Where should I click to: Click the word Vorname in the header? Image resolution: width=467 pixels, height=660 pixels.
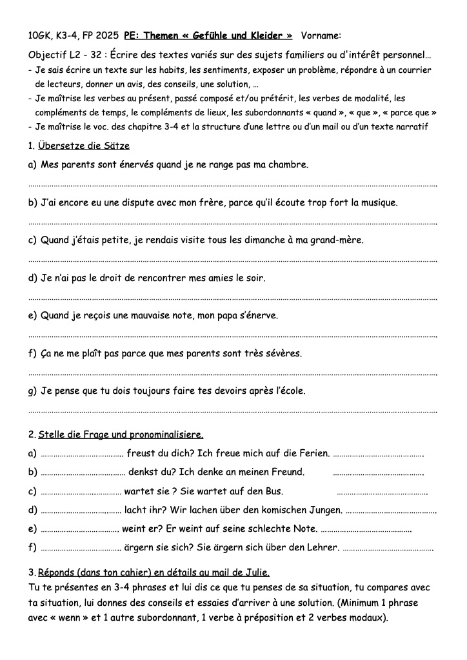[321, 35]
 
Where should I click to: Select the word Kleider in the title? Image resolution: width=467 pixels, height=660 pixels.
[265, 35]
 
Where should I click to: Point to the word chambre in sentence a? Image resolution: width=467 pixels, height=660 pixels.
[288, 165]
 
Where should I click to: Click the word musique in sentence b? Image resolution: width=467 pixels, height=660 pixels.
[376, 202]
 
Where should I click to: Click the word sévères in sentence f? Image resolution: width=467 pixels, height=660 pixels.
[283, 354]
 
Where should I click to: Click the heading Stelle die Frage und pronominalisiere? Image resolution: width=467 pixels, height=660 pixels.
[121, 435]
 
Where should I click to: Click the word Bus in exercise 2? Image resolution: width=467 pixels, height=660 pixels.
[274, 492]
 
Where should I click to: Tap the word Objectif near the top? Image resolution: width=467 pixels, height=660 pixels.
[50, 55]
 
